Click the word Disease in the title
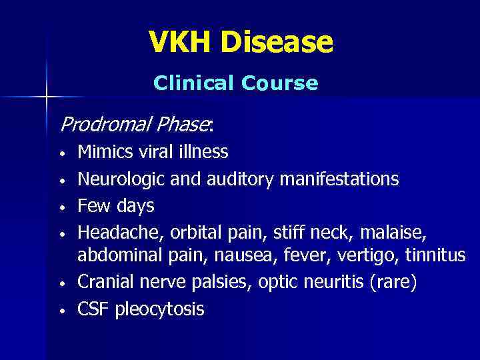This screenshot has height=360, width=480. click(277, 42)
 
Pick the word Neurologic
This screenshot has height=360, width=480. click(121, 179)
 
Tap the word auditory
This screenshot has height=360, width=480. click(246, 179)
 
